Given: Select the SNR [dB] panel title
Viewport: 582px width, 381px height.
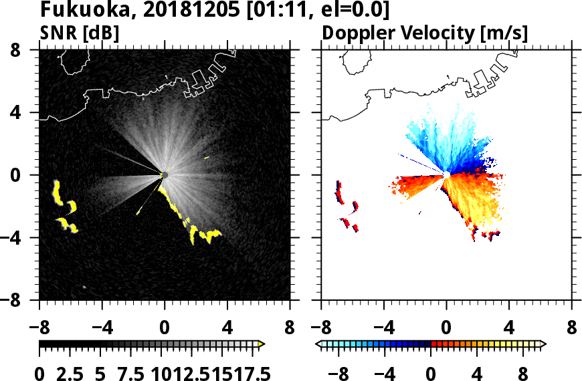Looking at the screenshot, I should point(76,32).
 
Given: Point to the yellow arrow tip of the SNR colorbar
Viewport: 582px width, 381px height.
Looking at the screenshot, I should point(262,344).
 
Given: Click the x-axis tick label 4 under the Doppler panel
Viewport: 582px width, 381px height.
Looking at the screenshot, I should point(509,328).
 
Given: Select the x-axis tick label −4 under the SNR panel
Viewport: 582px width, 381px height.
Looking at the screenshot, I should point(97,328).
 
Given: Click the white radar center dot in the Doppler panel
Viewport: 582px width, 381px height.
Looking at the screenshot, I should point(446,174).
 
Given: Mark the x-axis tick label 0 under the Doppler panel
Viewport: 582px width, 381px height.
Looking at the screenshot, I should point(446,328).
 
